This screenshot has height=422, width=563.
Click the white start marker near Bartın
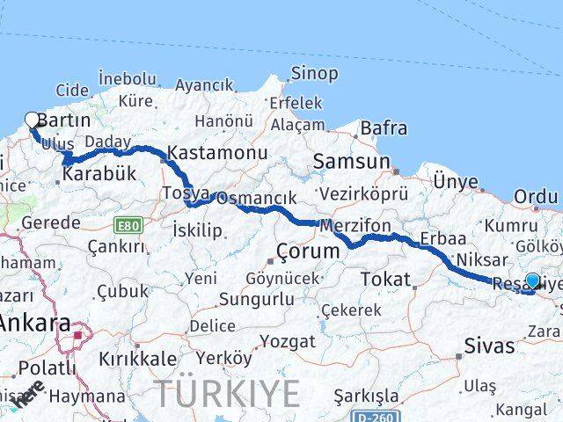click(33, 120)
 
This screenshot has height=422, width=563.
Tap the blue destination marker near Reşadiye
click(532, 281)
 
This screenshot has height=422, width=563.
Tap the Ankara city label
click(35, 323)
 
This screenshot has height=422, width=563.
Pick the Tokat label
click(384, 280)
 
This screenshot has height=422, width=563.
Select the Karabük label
click(100, 174)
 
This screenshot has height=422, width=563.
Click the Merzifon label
click(355, 226)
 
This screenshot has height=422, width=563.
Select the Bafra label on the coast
click(384, 129)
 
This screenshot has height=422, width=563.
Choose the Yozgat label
click(289, 340)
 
